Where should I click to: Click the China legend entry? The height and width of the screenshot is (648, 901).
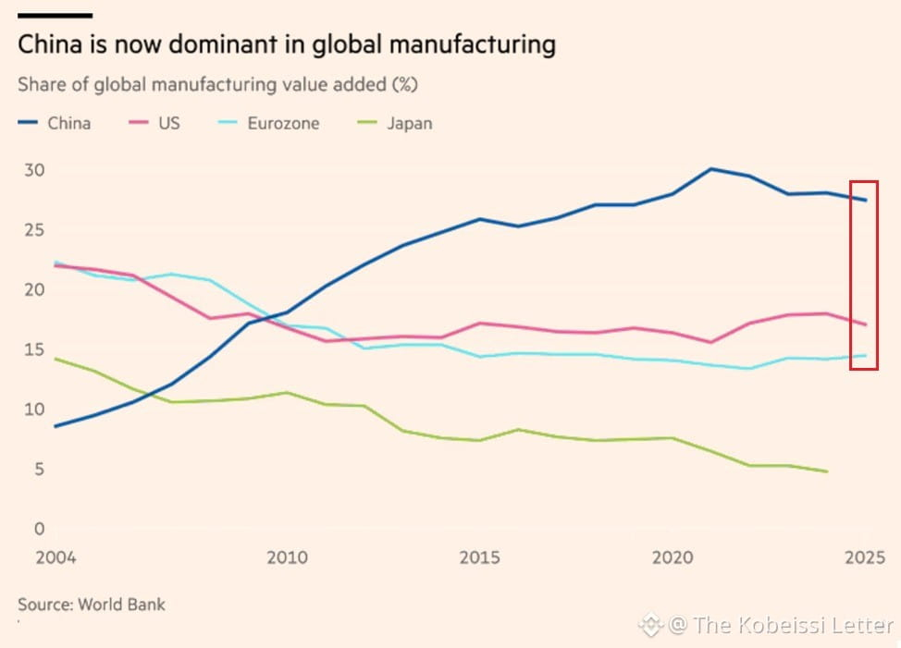[54, 123]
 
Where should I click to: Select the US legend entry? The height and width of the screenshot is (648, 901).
[154, 123]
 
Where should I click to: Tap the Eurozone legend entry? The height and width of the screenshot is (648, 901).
[268, 123]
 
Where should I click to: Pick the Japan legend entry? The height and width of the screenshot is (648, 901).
[395, 123]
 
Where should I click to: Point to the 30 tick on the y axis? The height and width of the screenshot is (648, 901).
[34, 170]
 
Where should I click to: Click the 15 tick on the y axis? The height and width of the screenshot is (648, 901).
[34, 349]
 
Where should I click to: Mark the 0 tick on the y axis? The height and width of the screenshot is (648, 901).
[39, 529]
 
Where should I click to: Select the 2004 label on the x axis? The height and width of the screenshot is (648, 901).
[56, 557]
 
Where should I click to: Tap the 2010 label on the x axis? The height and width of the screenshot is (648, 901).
[287, 557]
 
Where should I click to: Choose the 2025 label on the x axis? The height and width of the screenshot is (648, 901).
[865, 557]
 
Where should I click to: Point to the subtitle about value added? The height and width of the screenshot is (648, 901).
[217, 85]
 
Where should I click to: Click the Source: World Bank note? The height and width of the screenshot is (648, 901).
[92, 605]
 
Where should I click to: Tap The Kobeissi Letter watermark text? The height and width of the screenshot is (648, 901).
[793, 625]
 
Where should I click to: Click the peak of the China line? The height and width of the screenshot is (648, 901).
[710, 169]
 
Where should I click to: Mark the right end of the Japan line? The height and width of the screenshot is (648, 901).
[827, 471]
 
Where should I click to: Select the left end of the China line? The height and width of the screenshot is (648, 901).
[56, 426]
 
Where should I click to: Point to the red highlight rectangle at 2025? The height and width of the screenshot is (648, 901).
[851, 275]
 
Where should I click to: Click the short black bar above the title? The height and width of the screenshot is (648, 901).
[56, 16]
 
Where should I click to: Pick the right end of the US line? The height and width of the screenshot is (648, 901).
[865, 324]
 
